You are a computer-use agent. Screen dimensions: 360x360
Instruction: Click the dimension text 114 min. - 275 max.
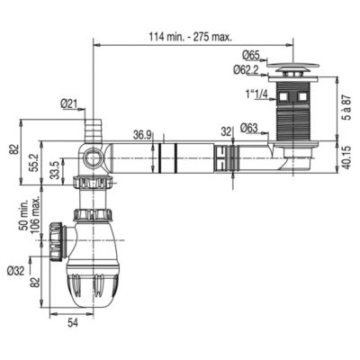(x=191, y=37)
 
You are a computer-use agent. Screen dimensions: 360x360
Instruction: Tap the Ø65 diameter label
(x=251, y=56)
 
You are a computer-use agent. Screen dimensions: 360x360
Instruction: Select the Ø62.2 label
(x=246, y=70)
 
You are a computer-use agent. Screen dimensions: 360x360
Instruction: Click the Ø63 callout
(x=249, y=129)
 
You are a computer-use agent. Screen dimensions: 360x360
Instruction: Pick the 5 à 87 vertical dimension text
(x=347, y=109)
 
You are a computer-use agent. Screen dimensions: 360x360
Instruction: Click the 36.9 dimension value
(x=142, y=135)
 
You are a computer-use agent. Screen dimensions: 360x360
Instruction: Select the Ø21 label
(x=68, y=103)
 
